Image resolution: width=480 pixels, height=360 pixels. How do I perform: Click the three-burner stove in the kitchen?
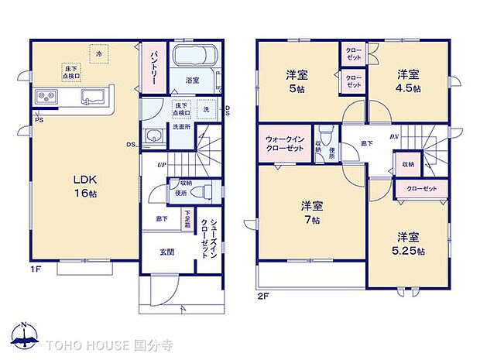tap(46, 98)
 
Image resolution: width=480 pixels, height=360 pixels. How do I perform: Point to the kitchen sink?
tap(94, 98)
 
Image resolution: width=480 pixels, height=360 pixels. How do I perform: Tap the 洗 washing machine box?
tap(206, 109)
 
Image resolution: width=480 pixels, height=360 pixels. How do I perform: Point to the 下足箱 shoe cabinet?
tap(187, 219)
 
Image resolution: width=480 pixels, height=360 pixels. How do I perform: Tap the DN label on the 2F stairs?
tap(393, 136)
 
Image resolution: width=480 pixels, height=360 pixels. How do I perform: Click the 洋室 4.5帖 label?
tap(409, 81)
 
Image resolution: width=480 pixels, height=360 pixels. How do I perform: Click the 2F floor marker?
tap(262, 295)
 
